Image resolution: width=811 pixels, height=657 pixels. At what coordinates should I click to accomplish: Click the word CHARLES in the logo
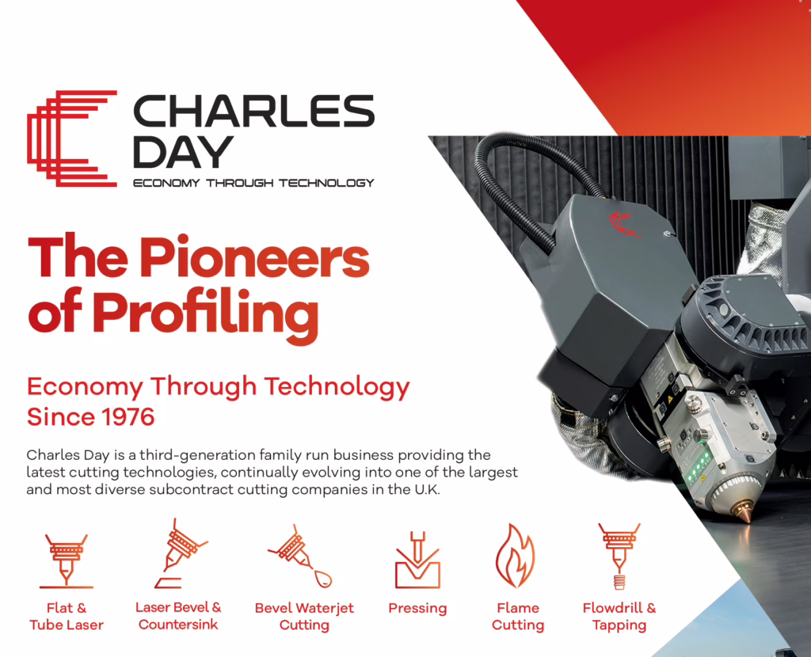(254, 111)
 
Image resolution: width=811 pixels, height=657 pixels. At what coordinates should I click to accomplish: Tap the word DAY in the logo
(183, 152)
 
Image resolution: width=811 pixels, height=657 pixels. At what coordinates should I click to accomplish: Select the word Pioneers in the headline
(254, 257)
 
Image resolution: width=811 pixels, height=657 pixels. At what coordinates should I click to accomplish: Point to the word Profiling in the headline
(205, 315)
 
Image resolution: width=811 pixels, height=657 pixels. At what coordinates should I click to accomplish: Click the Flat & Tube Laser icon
(67, 561)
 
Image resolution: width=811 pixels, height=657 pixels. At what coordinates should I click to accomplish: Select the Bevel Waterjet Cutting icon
(300, 556)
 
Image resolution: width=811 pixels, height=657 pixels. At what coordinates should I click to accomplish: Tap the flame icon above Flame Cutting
(515, 556)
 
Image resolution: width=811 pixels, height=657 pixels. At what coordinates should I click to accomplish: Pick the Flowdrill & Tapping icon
(619, 556)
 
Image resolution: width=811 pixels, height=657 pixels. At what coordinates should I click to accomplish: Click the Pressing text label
(417, 609)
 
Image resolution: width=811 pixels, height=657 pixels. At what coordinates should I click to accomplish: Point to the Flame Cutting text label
(518, 617)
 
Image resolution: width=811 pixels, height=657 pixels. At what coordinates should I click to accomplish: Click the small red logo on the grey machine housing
(624, 224)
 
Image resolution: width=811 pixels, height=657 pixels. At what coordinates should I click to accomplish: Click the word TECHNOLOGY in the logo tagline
(326, 183)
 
